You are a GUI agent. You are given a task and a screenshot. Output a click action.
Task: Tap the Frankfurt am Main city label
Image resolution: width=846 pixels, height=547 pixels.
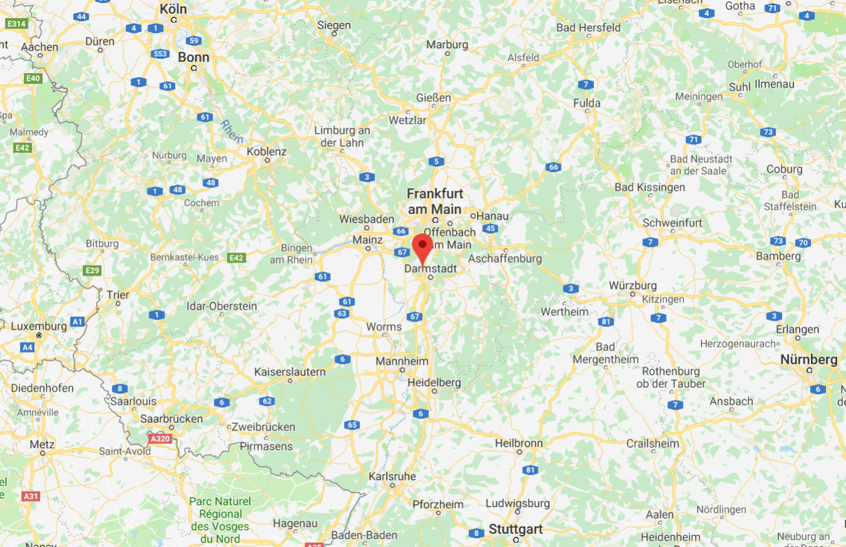(434, 201)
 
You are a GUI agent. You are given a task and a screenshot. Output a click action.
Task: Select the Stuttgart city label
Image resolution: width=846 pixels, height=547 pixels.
(515, 529)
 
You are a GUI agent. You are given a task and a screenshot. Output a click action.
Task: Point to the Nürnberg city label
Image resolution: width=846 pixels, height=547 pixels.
(808, 359)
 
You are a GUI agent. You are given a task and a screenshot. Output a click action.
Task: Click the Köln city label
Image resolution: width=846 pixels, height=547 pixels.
(173, 9)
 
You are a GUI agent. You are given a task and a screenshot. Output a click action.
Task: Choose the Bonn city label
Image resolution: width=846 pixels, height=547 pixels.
(193, 57)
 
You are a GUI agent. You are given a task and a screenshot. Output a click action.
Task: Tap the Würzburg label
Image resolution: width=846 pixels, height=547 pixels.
(633, 286)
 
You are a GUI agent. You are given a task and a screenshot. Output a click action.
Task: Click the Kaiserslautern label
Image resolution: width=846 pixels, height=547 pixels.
(290, 372)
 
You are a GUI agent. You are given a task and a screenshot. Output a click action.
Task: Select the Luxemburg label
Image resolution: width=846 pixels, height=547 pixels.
(38, 326)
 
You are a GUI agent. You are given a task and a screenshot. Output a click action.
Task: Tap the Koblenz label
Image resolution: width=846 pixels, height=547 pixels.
(266, 151)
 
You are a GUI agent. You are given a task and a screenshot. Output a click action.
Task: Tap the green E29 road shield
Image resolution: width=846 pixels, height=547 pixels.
(91, 270)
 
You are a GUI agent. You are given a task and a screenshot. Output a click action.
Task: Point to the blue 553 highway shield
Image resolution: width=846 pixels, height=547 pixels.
(160, 54)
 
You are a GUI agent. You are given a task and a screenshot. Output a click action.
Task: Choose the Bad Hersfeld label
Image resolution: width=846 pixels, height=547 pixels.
(588, 28)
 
